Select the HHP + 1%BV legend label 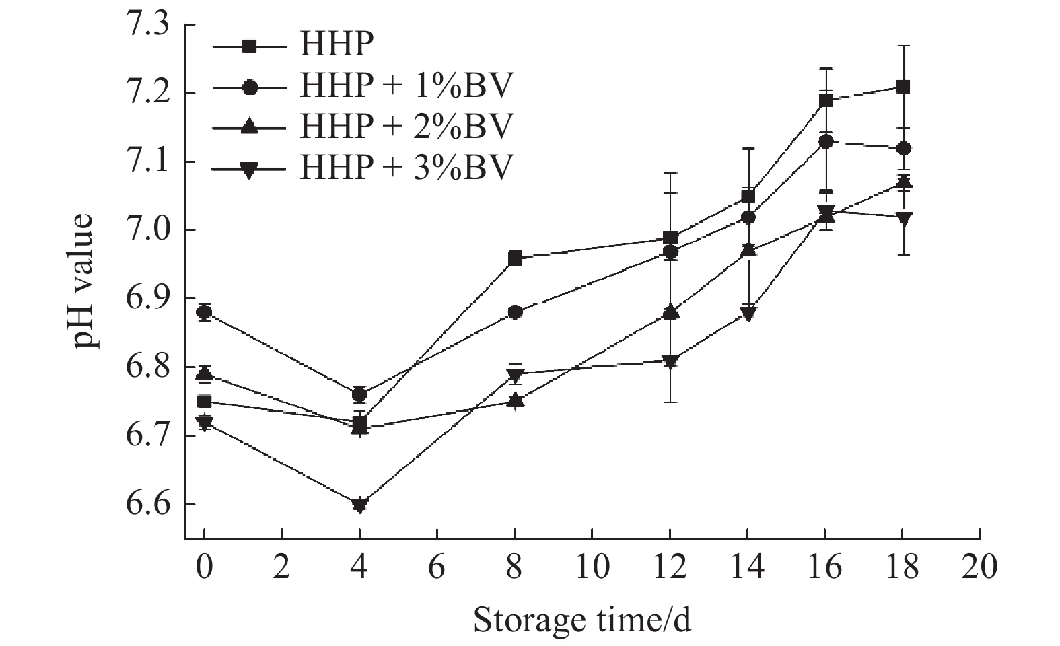tap(407, 86)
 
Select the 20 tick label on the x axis tap(979, 567)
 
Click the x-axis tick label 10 tap(592, 567)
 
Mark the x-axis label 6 tap(437, 567)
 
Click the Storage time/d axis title tap(582, 619)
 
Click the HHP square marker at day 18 tap(903, 87)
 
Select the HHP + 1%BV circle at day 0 tap(204, 312)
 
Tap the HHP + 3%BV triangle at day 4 tap(359, 505)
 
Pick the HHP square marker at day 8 tap(515, 258)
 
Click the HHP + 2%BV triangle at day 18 tap(903, 182)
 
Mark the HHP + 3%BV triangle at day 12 tap(670, 361)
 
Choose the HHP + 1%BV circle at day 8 tap(515, 312)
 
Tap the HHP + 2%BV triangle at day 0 tap(204, 373)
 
